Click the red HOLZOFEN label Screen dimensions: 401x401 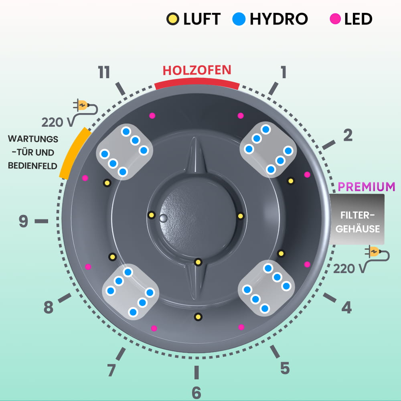tap(197, 70)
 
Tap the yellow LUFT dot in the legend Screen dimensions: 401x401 tap(173, 19)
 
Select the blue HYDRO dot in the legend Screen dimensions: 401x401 tap(239, 19)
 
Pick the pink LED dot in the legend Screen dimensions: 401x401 tap(335, 19)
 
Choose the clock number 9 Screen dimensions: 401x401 tap(24, 221)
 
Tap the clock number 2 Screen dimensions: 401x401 tap(348, 136)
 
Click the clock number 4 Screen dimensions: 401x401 tap(346, 308)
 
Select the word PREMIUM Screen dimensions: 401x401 tap(367, 186)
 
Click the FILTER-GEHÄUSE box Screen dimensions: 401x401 tap(357, 219)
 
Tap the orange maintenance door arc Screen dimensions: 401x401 tap(74, 152)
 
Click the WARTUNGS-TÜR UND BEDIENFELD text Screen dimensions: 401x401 tap(33, 152)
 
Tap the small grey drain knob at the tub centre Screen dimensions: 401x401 tap(163, 218)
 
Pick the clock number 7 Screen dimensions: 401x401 tap(112, 370)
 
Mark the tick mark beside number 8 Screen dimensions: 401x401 tap(65, 298)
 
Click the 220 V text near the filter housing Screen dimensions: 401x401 tap(349, 268)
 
